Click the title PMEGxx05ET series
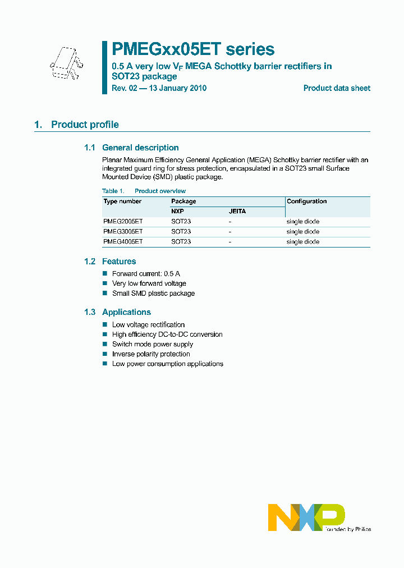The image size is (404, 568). [x=194, y=49]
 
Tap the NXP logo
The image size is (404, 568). [x=306, y=517]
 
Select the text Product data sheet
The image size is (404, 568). [x=337, y=88]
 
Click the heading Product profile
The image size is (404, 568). [x=85, y=125]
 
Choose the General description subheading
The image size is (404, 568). [x=140, y=148]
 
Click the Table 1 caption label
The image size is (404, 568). [x=113, y=191]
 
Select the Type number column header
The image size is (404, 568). [x=123, y=201]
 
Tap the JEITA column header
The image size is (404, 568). [x=237, y=212]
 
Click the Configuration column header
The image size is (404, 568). [x=306, y=201]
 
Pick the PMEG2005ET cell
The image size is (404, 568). [x=123, y=222]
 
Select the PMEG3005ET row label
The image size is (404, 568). [x=123, y=231]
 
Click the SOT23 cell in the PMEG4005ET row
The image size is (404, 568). [x=181, y=241]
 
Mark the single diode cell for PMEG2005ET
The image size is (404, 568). [x=302, y=222]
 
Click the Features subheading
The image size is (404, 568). [x=119, y=262]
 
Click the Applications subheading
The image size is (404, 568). [x=126, y=312]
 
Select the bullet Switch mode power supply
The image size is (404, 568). [x=153, y=344]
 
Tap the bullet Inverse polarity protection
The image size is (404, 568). [x=151, y=354]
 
